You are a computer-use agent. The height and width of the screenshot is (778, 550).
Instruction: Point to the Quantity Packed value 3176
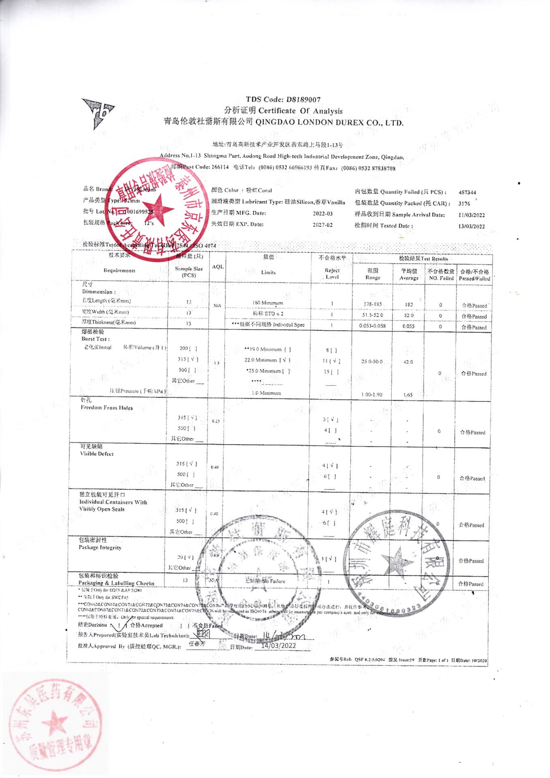click(x=464, y=203)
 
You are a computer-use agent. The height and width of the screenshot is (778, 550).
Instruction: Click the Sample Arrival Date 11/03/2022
click(x=471, y=215)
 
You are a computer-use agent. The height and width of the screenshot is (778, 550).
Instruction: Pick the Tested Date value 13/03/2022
click(x=471, y=226)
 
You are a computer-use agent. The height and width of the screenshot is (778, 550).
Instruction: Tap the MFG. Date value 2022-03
click(x=323, y=213)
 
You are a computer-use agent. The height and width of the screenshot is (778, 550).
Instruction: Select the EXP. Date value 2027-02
click(x=323, y=224)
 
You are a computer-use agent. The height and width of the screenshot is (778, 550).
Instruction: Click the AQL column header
click(x=217, y=267)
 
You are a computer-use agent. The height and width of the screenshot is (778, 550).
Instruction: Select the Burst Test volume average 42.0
click(x=408, y=362)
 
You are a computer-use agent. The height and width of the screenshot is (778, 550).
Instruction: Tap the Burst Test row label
click(x=95, y=339)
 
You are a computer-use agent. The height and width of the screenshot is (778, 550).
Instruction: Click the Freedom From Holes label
click(x=107, y=408)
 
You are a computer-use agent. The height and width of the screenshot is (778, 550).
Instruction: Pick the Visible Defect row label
click(x=97, y=454)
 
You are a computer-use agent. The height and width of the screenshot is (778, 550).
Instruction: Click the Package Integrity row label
click(x=100, y=547)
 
